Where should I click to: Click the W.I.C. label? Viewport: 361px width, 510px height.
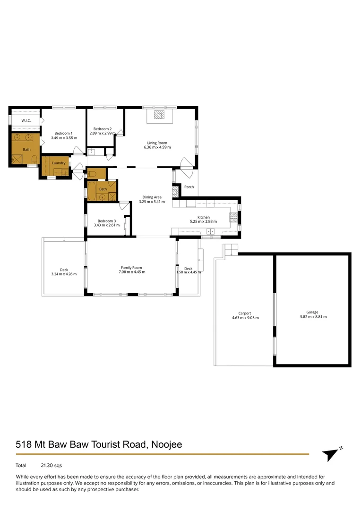(x=26, y=120)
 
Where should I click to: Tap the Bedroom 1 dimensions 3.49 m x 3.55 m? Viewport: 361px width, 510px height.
(x=63, y=138)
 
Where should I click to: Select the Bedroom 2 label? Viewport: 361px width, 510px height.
(x=103, y=129)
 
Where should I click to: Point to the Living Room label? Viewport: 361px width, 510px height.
(x=157, y=143)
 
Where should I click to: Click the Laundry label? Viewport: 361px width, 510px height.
(x=59, y=163)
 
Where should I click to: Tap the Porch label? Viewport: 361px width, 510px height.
(x=189, y=187)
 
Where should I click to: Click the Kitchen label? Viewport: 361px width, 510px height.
(x=203, y=217)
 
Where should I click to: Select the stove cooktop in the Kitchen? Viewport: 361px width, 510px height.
(x=233, y=217)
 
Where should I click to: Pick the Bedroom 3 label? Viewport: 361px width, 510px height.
(x=106, y=221)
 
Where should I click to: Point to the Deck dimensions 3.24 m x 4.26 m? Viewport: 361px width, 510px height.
(x=64, y=274)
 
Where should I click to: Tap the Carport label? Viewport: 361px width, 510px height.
(x=244, y=313)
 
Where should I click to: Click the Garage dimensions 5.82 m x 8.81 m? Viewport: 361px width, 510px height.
(x=312, y=317)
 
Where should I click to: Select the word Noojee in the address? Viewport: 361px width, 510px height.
(x=166, y=444)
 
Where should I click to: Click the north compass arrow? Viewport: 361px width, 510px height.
(x=331, y=454)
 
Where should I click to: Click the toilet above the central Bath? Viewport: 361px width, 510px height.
(x=92, y=174)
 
